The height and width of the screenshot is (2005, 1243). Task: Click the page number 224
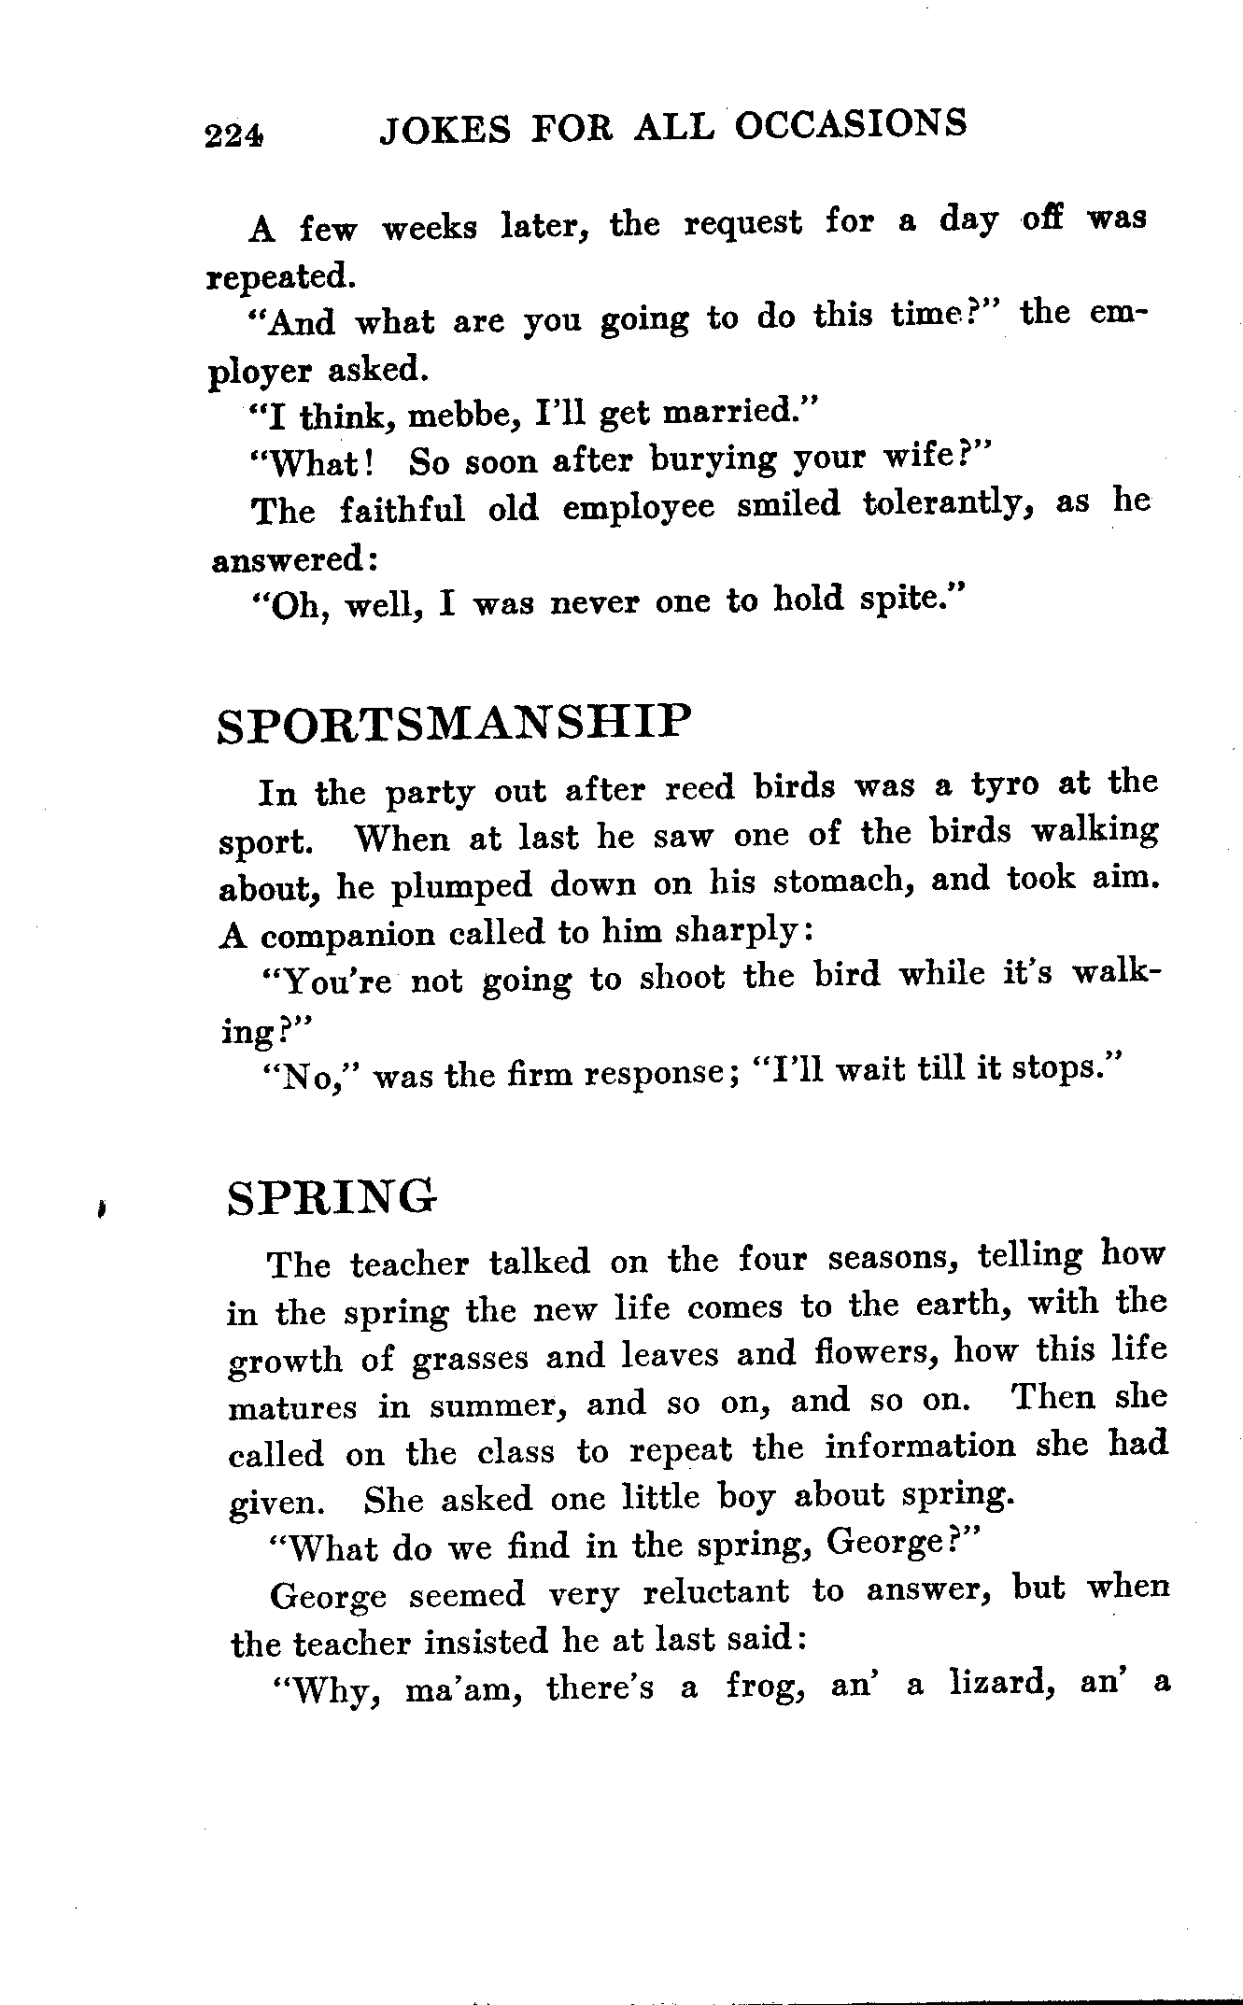click(235, 136)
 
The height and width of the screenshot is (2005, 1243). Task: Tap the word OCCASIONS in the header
click(849, 124)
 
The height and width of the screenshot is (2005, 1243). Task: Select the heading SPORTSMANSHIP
click(456, 725)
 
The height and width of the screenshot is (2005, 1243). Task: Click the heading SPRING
click(332, 1198)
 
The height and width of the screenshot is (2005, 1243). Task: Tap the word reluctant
click(716, 1592)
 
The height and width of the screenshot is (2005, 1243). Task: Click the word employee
click(638, 507)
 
